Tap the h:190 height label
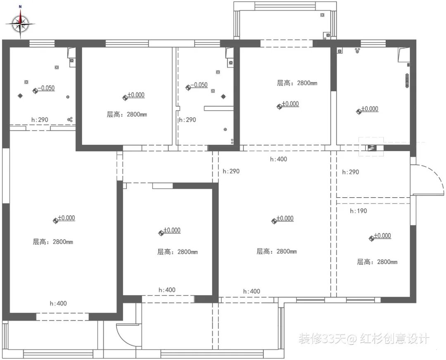point(358,211)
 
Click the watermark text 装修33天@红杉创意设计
point(364,339)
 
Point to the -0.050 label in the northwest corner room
point(46,88)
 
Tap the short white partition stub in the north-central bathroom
point(219,108)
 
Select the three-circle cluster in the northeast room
point(358,51)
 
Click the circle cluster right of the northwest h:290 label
point(70,120)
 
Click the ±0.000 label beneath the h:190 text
point(382,236)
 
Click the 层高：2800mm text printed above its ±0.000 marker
point(297,83)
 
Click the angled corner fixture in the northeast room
point(403,54)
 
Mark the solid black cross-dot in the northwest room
point(20,96)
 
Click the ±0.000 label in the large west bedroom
point(66,218)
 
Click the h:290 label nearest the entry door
point(351,172)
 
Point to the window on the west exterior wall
point(5,175)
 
